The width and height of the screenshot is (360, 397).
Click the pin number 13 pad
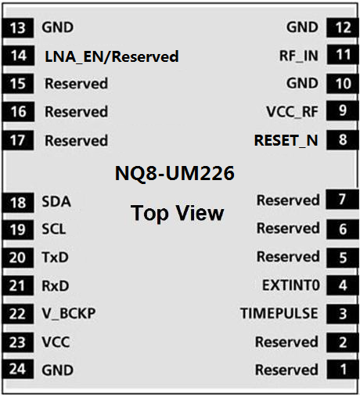click(18, 28)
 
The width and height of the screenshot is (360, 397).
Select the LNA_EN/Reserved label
click(112, 56)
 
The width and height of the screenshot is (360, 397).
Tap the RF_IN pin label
click(299, 56)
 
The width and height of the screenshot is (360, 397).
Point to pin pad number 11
click(343, 55)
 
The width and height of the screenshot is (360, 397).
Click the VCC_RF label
click(292, 112)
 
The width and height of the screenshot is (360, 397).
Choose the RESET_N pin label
click(286, 141)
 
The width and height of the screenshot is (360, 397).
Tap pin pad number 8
click(343, 140)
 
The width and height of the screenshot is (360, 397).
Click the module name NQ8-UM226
click(175, 173)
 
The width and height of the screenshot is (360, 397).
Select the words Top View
click(177, 213)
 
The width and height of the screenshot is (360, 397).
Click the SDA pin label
click(56, 201)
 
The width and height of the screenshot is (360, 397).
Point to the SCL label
click(54, 229)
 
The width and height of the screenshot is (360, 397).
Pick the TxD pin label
click(55, 258)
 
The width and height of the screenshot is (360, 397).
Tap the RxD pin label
click(56, 286)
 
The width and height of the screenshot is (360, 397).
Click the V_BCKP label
click(69, 313)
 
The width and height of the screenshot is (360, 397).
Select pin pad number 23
click(18, 342)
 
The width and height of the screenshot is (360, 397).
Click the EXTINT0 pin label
click(291, 285)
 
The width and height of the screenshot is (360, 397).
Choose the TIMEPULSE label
click(279, 313)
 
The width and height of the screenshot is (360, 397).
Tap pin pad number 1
click(343, 370)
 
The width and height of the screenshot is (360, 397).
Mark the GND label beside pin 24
click(58, 370)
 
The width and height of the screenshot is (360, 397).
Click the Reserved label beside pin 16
click(76, 112)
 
